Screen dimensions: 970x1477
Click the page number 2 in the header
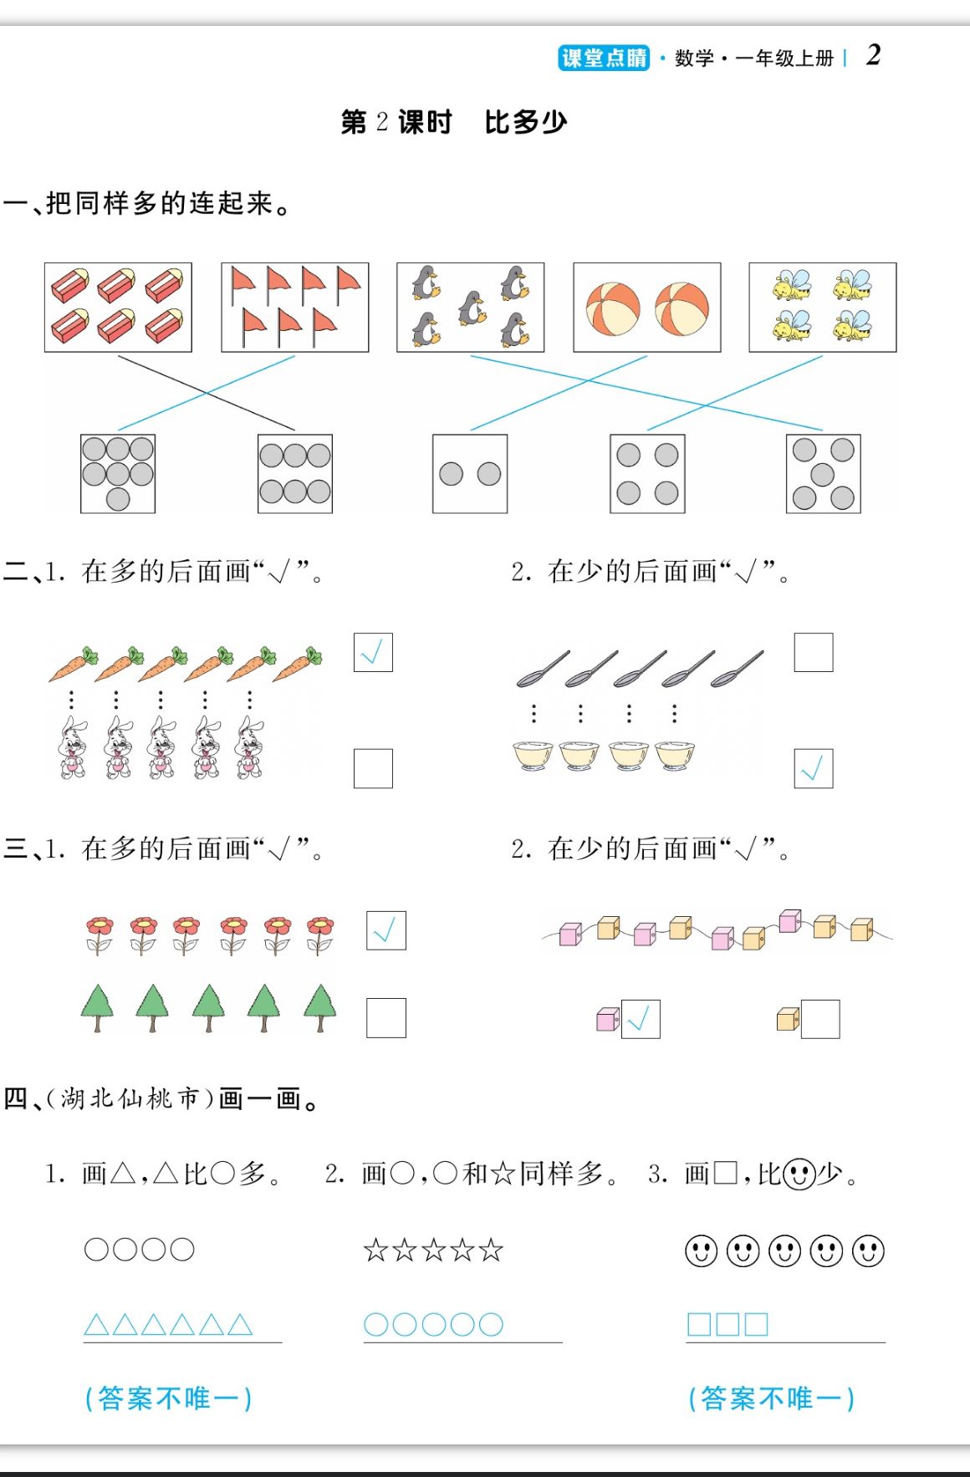pos(873,55)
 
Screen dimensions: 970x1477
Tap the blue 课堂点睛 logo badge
pos(604,58)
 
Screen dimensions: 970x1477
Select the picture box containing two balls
pos(646,308)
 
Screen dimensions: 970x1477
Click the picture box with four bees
pos(822,308)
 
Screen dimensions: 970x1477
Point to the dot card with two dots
pos(470,474)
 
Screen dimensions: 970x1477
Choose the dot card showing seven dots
pos(118,474)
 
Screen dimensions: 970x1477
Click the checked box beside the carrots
pos(373,653)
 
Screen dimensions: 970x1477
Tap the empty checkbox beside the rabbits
pos(373,768)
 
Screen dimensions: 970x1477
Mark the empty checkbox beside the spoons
pos(813,653)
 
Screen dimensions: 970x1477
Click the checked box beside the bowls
pos(813,768)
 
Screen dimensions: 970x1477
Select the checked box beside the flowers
pos(385,930)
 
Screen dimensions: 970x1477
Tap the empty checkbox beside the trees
pos(385,1018)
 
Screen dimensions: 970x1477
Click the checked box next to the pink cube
pos(641,1019)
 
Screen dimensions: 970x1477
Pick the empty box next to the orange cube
pos(819,1019)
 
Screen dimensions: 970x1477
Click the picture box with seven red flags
pos(294,308)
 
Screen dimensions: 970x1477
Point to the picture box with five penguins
pos(470,308)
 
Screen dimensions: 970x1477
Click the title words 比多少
pos(525,122)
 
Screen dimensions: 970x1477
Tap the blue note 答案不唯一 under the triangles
pos(168,1398)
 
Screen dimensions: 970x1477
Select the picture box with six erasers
pos(118,308)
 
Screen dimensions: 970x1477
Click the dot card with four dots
pos(647,474)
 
